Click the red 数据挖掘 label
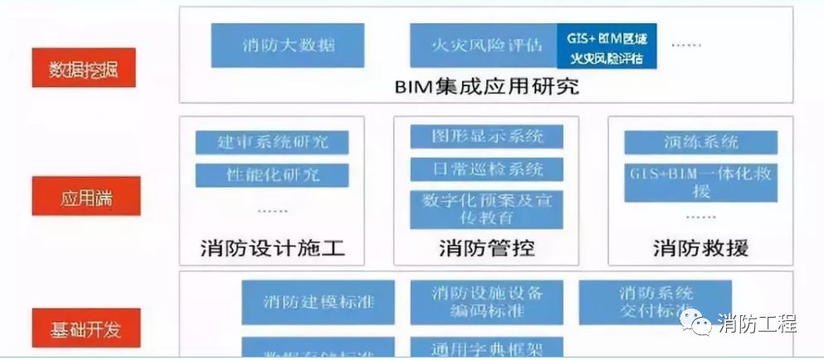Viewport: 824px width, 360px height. pos(82,69)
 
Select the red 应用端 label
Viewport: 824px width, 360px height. pos(82,200)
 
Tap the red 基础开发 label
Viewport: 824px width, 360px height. pos(82,328)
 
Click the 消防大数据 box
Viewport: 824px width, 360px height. pos(289,45)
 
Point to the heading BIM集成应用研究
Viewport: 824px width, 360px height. pos(485,87)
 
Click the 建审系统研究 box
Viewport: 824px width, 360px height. pos(272,142)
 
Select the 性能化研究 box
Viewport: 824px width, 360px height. pos(272,176)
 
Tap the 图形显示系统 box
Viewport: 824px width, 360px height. pos(487,136)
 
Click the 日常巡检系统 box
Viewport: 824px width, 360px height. pos(487,169)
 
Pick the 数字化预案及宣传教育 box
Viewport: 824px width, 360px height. pos(487,209)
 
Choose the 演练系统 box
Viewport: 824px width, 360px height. pos(700,142)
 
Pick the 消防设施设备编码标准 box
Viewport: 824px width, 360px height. pos(487,302)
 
